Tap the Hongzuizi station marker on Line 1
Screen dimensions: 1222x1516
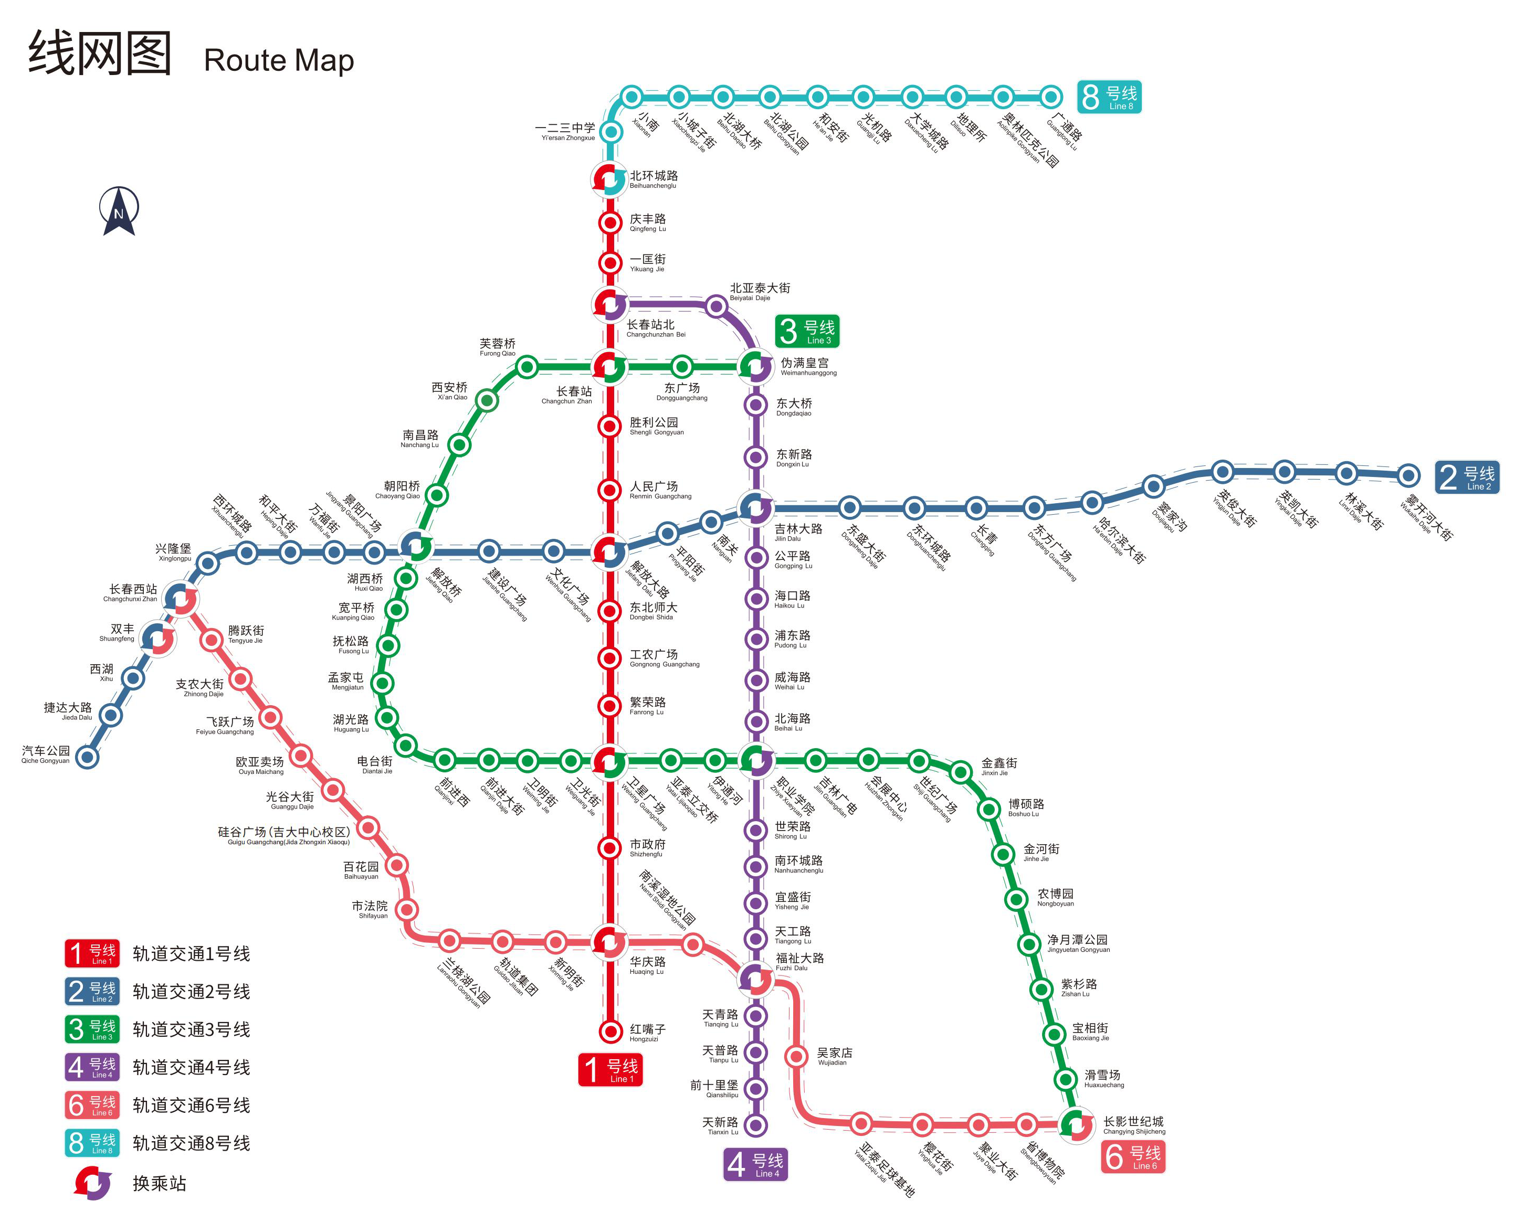click(x=610, y=1031)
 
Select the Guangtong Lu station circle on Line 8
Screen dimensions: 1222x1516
click(x=1050, y=97)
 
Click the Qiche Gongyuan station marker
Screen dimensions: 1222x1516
click(x=87, y=758)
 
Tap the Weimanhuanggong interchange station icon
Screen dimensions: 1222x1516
click(x=755, y=367)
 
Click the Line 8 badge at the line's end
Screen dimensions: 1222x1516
click(x=1109, y=97)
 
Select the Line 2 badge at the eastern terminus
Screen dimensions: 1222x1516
click(x=1467, y=477)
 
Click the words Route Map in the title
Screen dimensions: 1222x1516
click(x=279, y=60)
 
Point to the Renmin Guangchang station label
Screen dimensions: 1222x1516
click(x=660, y=490)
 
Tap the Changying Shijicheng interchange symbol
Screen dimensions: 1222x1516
click(x=1077, y=1124)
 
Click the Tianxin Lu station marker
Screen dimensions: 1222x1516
click(x=755, y=1125)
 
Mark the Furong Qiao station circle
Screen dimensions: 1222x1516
click(x=527, y=367)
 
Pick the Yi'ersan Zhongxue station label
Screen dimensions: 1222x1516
click(x=565, y=132)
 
